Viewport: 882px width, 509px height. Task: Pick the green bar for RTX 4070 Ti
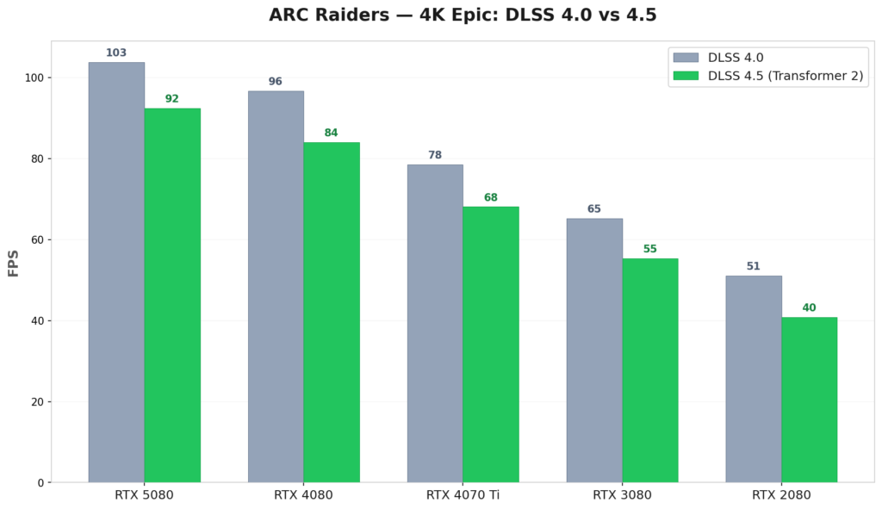(x=491, y=345)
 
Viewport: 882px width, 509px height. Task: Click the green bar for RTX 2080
(x=809, y=400)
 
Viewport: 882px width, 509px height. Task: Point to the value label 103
(x=116, y=53)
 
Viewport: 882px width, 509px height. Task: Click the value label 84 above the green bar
(x=331, y=133)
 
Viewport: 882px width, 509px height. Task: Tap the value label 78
(x=435, y=156)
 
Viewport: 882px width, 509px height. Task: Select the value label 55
(x=649, y=250)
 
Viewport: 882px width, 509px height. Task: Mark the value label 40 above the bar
(x=809, y=308)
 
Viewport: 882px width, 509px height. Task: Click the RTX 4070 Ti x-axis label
(x=463, y=495)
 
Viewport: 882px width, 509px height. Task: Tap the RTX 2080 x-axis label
(x=781, y=495)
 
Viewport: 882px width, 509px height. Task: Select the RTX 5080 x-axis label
(x=144, y=495)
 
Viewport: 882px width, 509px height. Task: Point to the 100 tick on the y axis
(x=35, y=78)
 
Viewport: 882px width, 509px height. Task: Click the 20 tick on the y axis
(x=38, y=402)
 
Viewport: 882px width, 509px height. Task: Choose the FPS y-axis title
(x=14, y=263)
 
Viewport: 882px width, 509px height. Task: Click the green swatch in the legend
(x=686, y=76)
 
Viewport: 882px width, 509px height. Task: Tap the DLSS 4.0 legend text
(x=736, y=58)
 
